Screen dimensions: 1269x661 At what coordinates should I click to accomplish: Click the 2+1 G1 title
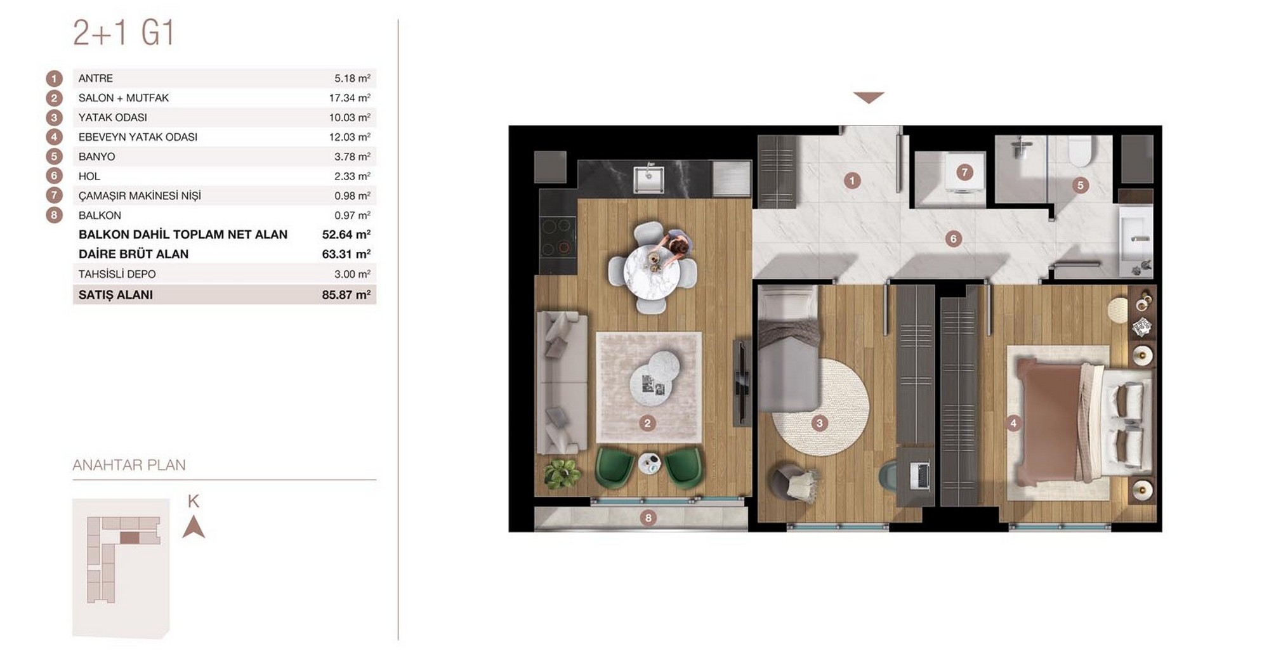coord(124,33)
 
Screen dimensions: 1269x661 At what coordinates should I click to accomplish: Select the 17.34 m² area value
coord(350,98)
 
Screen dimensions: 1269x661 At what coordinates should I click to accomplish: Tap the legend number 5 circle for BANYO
coord(54,157)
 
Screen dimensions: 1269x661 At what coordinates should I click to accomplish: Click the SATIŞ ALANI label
coord(115,294)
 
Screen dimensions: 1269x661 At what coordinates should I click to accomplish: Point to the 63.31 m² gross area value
coord(346,254)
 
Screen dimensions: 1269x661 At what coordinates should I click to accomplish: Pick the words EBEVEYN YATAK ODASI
coord(138,137)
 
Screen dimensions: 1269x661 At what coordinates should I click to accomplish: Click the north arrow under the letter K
coord(194,527)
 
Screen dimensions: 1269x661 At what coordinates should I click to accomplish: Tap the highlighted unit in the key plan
coord(129,537)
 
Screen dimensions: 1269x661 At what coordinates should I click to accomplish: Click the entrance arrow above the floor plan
coord(869,97)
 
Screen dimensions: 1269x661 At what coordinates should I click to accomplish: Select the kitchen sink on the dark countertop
coord(648,179)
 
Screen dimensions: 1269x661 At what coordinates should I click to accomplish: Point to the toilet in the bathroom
coord(1079,150)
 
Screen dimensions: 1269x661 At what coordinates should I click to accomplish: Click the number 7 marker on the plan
coord(964,172)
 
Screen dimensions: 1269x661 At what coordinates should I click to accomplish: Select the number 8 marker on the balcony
coord(648,518)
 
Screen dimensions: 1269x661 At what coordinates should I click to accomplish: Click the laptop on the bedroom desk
coord(919,476)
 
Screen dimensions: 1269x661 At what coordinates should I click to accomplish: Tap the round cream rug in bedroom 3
coord(820,407)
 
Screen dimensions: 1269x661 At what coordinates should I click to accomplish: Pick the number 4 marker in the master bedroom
coord(1013,423)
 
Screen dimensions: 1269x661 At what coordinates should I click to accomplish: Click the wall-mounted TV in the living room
coord(740,383)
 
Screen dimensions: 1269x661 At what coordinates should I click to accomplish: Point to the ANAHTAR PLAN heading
coord(129,465)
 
